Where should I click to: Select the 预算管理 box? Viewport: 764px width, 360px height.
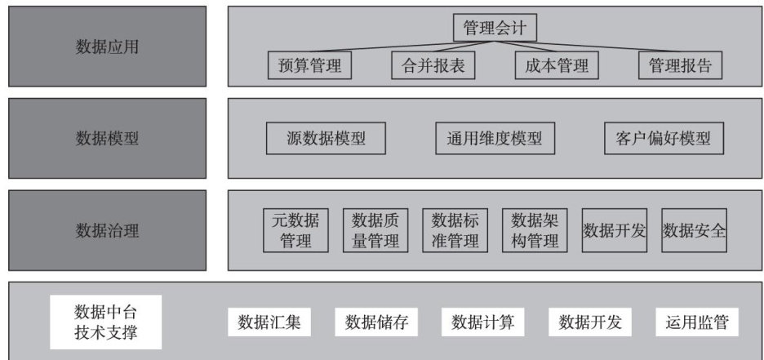pos(309,66)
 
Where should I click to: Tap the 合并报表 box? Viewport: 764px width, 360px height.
pos(433,66)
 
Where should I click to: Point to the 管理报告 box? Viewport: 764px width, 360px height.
pos(680,66)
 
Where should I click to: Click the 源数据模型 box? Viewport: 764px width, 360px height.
pos(326,139)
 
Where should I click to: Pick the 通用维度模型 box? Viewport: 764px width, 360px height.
pos(495,139)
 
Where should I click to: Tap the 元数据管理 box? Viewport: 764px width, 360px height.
pos(295,230)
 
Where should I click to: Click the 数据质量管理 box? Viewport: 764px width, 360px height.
pos(375,230)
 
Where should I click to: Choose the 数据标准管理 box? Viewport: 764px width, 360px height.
pos(455,230)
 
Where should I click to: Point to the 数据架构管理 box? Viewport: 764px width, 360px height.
pos(534,230)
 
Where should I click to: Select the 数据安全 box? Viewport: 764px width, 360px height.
pos(694,230)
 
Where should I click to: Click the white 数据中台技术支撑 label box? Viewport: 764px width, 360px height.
pos(106,322)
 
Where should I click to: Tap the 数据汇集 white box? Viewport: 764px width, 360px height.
pos(269,322)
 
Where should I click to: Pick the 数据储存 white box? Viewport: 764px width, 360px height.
pos(376,322)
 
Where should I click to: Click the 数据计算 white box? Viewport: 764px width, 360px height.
pos(483,322)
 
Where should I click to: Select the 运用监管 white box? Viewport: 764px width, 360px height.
pos(697,322)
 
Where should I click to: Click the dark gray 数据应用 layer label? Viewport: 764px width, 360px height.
pos(107,47)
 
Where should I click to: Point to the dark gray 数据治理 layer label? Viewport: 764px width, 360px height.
pos(107,230)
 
